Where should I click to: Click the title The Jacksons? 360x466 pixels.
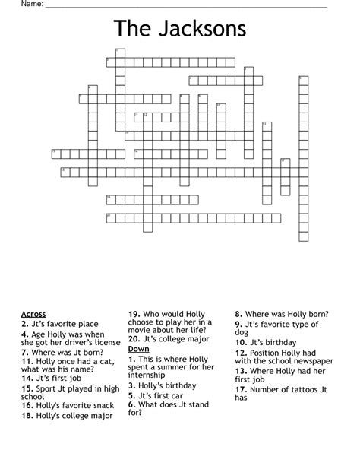pos(180,29)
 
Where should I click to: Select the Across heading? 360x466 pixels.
pos(33,313)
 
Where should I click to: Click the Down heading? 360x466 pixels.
pos(139,348)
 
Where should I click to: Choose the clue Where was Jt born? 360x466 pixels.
pos(67,353)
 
